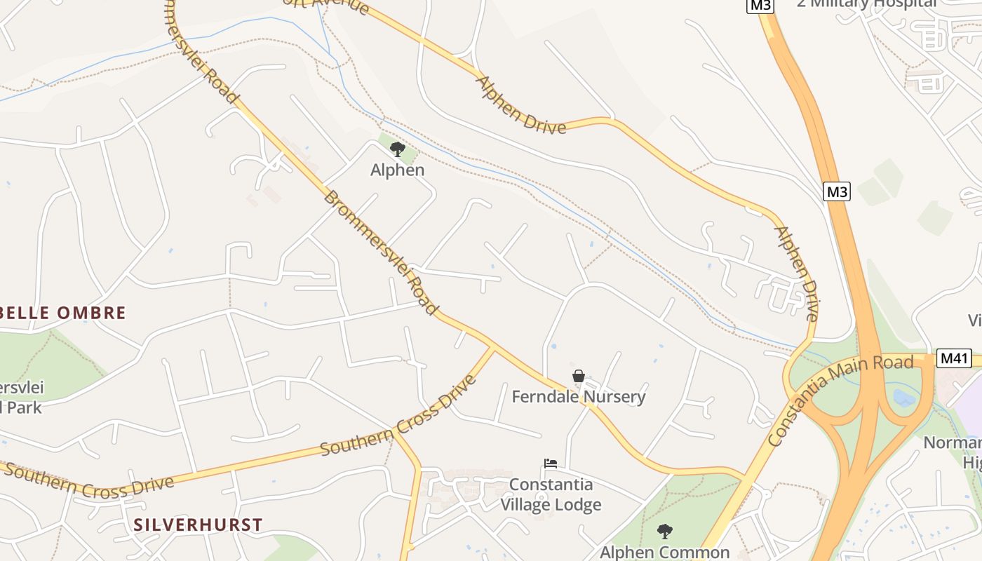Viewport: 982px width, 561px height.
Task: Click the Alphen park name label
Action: pyautogui.click(x=397, y=170)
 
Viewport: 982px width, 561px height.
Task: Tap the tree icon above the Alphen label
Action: pyautogui.click(x=397, y=149)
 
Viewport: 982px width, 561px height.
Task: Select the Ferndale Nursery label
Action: pyautogui.click(x=578, y=397)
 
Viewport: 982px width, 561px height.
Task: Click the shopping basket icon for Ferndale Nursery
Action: pyautogui.click(x=578, y=377)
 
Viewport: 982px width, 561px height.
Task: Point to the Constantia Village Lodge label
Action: pyautogui.click(x=551, y=494)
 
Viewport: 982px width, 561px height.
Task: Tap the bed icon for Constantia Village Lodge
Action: pyautogui.click(x=551, y=464)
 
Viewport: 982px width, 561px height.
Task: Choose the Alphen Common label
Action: pyautogui.click(x=664, y=553)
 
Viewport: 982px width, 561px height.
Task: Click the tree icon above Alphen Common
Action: pyautogui.click(x=664, y=532)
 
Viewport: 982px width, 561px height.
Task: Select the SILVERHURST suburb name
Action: pyautogui.click(x=198, y=525)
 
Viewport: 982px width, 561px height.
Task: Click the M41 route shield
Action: pyautogui.click(x=954, y=358)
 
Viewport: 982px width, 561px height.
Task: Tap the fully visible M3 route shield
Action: pyautogui.click(x=836, y=191)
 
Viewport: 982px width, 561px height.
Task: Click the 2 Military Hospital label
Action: pyautogui.click(x=866, y=4)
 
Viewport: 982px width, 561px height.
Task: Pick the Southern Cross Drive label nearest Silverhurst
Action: pyautogui.click(x=89, y=480)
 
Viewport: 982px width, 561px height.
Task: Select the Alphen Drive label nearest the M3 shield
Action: pyautogui.click(x=795, y=273)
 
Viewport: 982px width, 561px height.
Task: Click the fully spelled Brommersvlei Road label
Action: pyautogui.click(x=380, y=252)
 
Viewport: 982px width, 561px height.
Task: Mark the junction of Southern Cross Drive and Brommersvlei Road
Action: pyautogui.click(x=493, y=346)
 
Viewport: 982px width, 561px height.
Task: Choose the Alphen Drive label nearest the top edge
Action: pyautogui.click(x=520, y=104)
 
